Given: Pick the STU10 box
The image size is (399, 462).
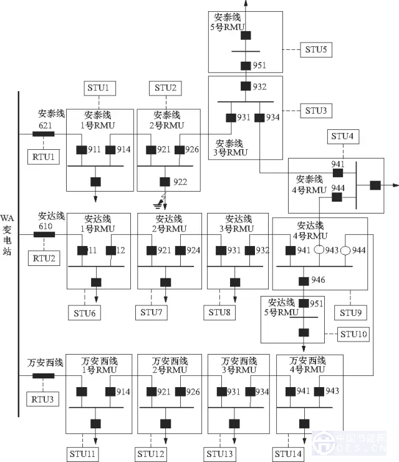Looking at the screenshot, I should tap(354, 334).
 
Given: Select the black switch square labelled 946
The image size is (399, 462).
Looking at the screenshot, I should tap(303, 280).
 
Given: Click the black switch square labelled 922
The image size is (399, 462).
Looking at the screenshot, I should tap(165, 182).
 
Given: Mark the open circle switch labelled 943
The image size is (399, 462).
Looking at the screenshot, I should tap(318, 250).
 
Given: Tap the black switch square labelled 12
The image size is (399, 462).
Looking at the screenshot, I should tap(110, 250).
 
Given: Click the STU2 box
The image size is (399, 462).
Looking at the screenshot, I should tap(165, 88).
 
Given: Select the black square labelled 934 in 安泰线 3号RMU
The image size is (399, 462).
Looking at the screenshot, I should tap(259, 117).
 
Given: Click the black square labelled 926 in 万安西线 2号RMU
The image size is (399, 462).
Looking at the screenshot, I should tap(179, 392).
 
